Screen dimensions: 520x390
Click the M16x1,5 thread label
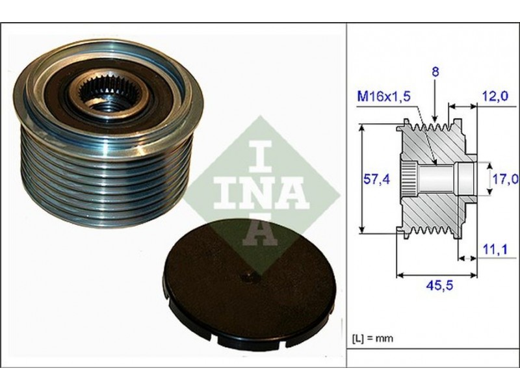point(383,96)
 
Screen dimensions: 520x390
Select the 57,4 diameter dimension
point(377,179)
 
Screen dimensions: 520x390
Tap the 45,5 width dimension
point(439,285)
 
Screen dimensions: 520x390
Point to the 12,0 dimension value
point(495,96)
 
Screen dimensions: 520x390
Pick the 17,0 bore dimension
point(505,179)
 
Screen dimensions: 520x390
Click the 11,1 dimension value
point(495,249)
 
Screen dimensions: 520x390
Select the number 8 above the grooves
point(435,71)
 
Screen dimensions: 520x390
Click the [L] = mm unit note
point(372,339)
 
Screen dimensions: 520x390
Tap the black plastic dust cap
point(250,284)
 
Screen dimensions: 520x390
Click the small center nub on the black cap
point(250,278)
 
